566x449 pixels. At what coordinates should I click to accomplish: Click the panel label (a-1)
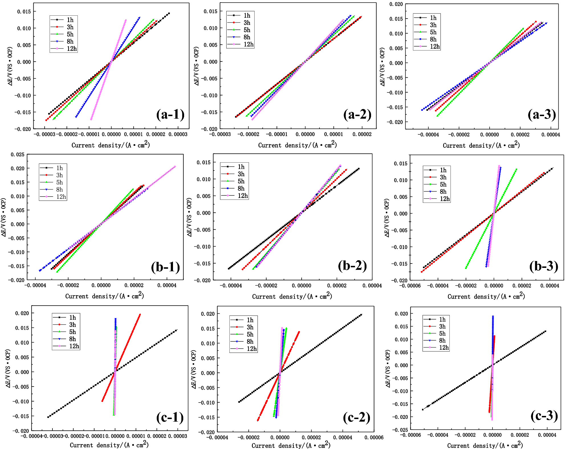170,114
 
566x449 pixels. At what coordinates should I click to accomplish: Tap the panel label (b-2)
352,266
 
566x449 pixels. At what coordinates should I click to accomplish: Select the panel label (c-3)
544,415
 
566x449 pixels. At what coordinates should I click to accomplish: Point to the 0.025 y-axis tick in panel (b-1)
17,155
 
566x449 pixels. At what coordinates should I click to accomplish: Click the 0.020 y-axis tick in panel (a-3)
396,4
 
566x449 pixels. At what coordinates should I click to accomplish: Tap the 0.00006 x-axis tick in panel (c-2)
374,437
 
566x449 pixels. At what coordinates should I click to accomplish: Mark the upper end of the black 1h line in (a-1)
169,13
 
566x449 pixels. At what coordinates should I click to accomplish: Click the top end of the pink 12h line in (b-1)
175,167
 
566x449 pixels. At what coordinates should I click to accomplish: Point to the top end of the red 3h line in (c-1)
140,315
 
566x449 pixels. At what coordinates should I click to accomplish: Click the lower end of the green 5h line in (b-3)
466,268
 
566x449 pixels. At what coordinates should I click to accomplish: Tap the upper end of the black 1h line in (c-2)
361,315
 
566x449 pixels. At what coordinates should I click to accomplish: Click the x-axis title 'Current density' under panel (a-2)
297,145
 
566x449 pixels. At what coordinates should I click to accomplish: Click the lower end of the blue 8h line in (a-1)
76,117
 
